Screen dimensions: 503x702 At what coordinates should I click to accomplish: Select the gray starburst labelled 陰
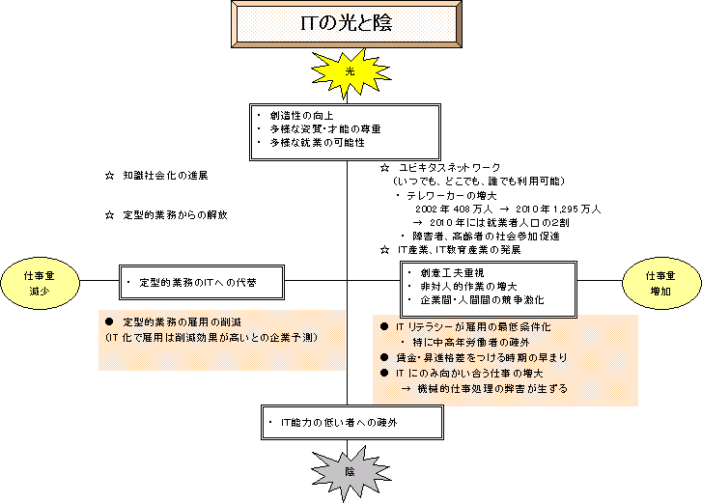click(x=350, y=471)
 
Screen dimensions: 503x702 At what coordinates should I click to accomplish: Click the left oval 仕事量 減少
click(x=39, y=282)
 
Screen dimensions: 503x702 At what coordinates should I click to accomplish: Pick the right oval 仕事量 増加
click(x=661, y=282)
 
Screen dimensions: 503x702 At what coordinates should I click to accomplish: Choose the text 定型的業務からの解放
click(x=174, y=214)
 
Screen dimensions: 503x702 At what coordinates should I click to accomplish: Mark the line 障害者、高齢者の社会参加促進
click(x=487, y=236)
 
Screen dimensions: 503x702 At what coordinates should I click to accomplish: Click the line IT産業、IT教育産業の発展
click(x=458, y=249)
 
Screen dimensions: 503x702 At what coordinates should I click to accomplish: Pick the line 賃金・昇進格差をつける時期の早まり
click(x=482, y=357)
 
